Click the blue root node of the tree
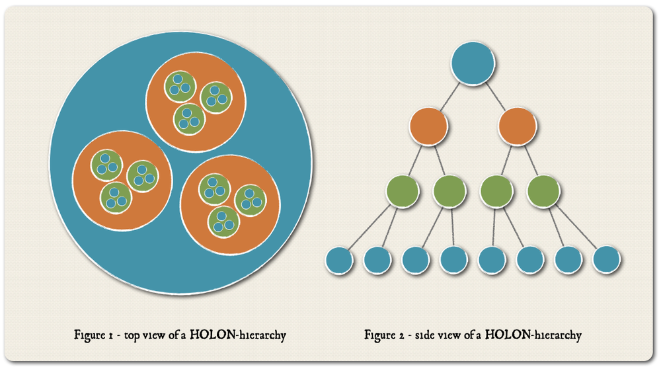473,63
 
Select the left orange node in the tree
428,126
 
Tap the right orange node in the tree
518,126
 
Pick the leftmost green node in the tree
403,191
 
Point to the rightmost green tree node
543,191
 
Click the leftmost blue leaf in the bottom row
339,261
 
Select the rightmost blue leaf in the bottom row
606,260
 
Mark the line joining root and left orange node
450,97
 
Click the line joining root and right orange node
495,97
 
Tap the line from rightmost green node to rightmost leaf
576,227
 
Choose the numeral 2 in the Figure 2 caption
401,335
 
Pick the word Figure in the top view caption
90,335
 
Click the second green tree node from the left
449,191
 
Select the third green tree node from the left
496,191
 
